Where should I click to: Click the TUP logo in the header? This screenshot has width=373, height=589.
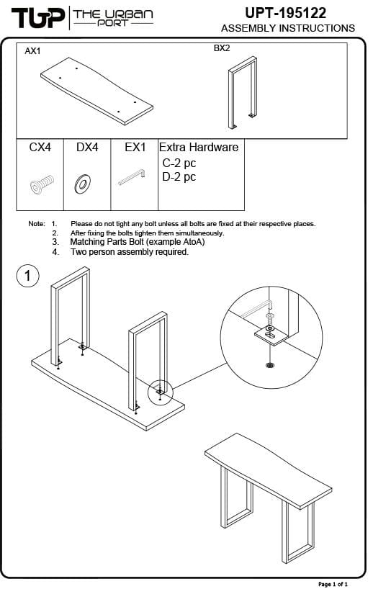point(38,18)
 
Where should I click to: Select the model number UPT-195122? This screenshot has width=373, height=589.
point(285,13)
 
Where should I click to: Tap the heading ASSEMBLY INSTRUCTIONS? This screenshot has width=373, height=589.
point(288,28)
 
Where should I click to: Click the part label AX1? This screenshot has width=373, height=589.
point(32,51)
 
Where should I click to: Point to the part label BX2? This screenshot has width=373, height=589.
point(222,48)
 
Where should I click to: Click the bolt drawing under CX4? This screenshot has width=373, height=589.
point(41,184)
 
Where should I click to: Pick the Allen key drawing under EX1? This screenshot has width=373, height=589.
point(132,177)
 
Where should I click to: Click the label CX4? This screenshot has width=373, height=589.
point(40,147)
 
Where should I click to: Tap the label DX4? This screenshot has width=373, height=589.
point(87,147)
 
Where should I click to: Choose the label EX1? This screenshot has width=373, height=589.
point(135,147)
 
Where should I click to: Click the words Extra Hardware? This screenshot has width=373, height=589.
point(199,147)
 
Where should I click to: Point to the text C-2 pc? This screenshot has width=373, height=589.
point(179,163)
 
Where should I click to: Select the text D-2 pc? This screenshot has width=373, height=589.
point(179,177)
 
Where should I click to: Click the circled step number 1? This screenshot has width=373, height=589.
point(28,276)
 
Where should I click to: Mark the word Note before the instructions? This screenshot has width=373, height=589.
point(37,224)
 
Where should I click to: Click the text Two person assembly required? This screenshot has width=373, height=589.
point(130,252)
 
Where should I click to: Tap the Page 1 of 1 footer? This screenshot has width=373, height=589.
point(333,584)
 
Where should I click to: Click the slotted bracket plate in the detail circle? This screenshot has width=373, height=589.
point(271,334)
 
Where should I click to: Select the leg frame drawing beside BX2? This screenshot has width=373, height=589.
point(242,93)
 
